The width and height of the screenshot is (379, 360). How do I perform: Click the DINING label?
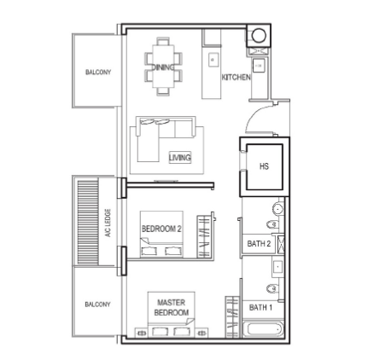point(163,67)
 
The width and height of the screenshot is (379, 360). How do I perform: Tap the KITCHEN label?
point(236,77)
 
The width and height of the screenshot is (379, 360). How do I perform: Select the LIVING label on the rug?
point(180,158)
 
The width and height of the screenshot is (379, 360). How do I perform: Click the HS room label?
point(264,166)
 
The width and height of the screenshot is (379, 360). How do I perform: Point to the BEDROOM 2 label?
point(161,229)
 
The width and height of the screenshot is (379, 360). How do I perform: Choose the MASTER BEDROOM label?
point(172,307)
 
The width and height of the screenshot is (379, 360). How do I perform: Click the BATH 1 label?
point(260,307)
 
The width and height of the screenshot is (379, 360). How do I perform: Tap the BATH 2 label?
point(259,244)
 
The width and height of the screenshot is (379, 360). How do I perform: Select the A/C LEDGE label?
point(108,223)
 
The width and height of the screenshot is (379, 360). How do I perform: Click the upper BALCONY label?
point(98,72)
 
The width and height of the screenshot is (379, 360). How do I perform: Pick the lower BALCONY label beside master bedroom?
point(97,305)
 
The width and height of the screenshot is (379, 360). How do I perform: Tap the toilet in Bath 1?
point(272,289)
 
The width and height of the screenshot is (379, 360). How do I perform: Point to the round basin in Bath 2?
point(277,209)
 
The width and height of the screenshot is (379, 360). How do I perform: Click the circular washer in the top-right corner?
point(259,36)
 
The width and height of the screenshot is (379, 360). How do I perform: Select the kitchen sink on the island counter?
point(213,60)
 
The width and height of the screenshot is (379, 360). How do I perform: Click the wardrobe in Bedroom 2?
point(204,237)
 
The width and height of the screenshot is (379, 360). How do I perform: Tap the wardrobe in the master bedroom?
point(233,317)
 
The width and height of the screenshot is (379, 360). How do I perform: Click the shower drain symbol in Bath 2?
point(281,244)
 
